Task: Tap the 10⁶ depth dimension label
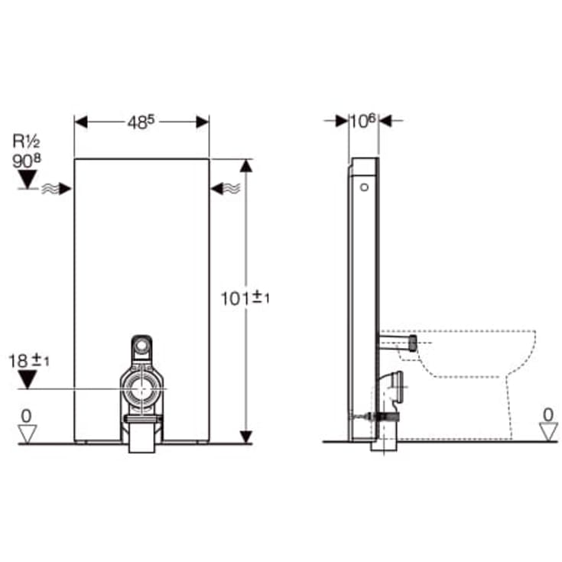[x=363, y=121]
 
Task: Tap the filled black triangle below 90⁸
[x=28, y=179]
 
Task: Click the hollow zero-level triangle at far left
[x=27, y=434]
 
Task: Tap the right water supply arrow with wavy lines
[x=224, y=188]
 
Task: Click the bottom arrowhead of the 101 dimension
[x=245, y=436]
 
